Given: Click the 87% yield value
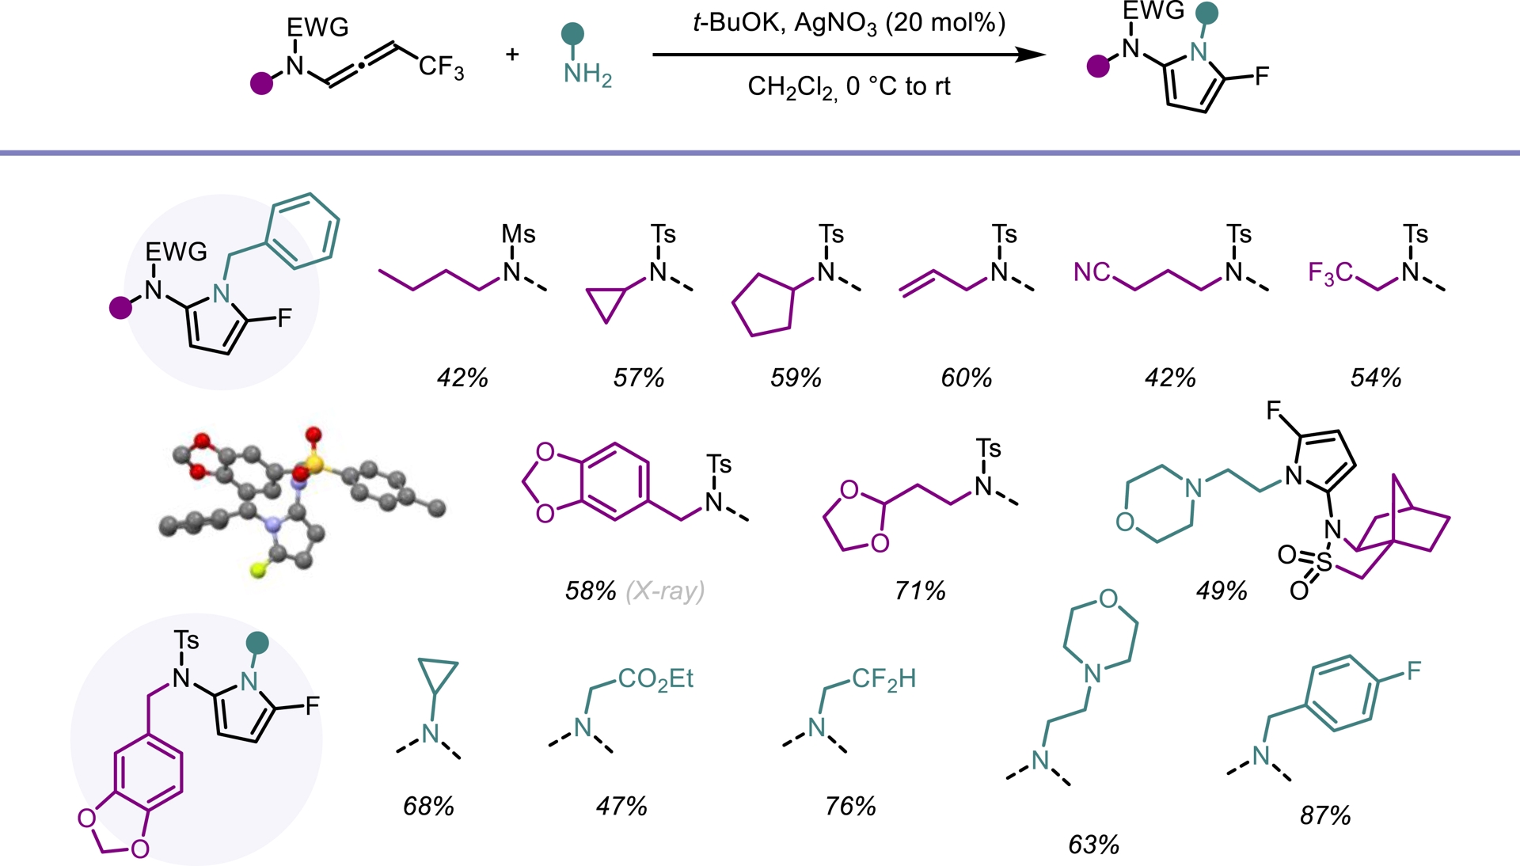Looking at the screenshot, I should click(1325, 815).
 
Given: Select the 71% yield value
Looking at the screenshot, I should click(920, 591).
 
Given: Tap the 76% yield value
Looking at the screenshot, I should click(850, 806).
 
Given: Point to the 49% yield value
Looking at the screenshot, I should click(1222, 591).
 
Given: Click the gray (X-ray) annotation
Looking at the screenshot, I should click(665, 591).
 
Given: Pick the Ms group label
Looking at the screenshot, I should click(519, 234).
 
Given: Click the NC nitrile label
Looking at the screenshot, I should click(1092, 272).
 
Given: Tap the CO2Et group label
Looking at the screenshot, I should click(655, 679).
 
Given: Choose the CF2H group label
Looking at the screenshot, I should click(883, 679).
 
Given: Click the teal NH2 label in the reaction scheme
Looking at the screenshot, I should click(587, 75).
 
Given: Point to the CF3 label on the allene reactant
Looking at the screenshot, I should click(441, 67).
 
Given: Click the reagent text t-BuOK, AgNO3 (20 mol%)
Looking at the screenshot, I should click(849, 23).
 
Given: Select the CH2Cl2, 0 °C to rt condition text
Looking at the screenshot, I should click(849, 86).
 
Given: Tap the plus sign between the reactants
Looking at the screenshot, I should click(512, 54).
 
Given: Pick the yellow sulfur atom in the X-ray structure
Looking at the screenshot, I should click(314, 464).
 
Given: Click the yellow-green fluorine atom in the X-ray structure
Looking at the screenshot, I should click(258, 569).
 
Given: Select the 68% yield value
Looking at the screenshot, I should click(428, 806).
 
